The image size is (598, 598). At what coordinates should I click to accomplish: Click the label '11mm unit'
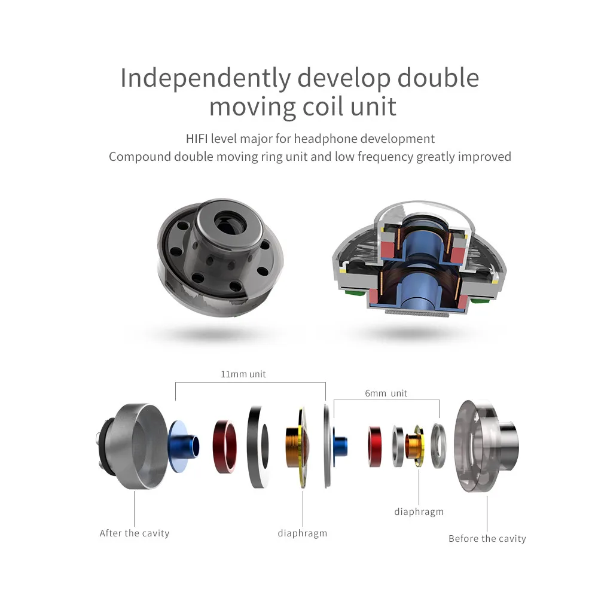tap(243, 374)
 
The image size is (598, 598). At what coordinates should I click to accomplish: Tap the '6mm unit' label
tap(386, 393)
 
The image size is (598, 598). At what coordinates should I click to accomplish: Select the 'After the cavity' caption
tap(134, 533)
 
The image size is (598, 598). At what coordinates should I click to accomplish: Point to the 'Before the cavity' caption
tap(487, 539)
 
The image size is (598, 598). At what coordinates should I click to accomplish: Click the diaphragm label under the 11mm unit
tap(303, 533)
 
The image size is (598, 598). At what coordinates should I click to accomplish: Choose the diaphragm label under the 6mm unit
tap(419, 512)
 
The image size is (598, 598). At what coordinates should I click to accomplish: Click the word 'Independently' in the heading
tap(206, 78)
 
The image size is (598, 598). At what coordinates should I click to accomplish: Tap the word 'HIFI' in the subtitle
tap(197, 139)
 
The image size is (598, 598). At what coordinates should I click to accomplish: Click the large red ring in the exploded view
tap(225, 447)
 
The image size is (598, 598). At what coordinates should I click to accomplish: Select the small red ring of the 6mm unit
tap(375, 447)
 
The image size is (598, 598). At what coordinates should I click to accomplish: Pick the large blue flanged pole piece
tap(183, 446)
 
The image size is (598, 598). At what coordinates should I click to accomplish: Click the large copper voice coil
tap(294, 447)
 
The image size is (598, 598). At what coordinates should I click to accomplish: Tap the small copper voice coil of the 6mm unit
tap(413, 446)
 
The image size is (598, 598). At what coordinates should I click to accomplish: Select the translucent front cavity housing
tap(486, 446)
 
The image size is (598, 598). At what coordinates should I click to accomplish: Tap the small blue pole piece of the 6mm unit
tap(340, 447)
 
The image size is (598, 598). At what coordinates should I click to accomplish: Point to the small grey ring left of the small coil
tap(398, 447)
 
